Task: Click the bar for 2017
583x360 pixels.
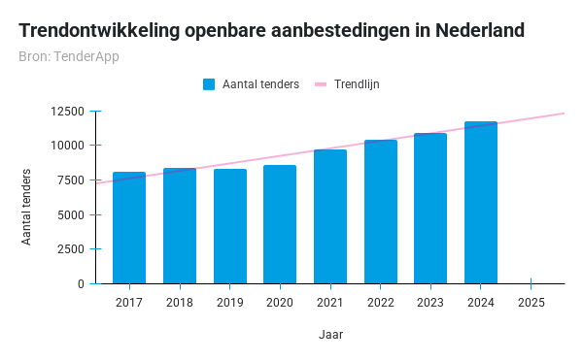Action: [129, 228]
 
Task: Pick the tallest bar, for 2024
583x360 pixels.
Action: [481, 203]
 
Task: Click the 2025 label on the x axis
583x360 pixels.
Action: [531, 303]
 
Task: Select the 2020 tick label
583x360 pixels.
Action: [280, 303]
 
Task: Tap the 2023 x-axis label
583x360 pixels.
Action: [430, 303]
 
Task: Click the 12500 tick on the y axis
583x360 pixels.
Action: [68, 111]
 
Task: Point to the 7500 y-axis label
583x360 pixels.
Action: [71, 180]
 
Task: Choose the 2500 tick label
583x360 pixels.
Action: [71, 249]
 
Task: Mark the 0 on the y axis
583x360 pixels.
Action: [82, 284]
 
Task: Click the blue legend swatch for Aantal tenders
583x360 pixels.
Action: [209, 84]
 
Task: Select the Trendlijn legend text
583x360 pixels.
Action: [357, 84]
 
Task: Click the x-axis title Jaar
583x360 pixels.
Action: [330, 335]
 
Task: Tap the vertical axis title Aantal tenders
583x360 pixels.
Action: [26, 207]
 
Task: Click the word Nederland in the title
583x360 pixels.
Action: [476, 30]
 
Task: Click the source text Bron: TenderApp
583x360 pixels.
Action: [68, 56]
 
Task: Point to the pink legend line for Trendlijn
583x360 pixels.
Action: [322, 84]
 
